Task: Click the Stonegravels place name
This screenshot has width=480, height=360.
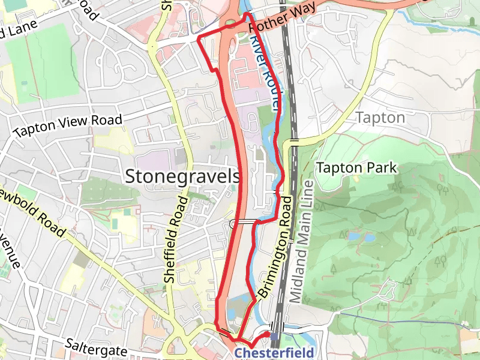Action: click(x=183, y=176)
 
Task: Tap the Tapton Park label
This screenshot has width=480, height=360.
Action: click(x=356, y=168)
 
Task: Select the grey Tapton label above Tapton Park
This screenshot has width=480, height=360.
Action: click(x=380, y=118)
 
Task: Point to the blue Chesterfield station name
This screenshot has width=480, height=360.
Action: click(x=274, y=352)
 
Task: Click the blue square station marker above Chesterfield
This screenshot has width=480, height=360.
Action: click(x=274, y=337)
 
